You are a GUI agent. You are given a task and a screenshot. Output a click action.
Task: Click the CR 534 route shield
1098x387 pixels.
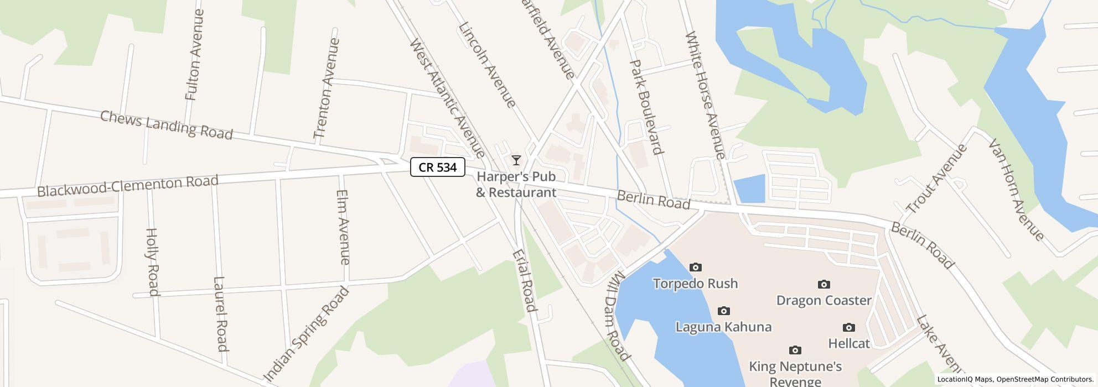coord(437,167)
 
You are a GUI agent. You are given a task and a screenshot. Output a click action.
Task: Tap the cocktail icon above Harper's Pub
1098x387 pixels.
coord(516,160)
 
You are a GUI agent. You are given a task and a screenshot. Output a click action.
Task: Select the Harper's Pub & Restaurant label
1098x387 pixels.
coord(516,185)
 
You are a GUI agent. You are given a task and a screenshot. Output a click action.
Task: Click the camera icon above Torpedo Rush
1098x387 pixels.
coord(695,268)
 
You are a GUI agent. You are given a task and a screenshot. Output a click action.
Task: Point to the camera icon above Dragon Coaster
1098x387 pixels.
coord(823,284)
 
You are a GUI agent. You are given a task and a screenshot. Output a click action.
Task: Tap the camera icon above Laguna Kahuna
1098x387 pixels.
coord(723,311)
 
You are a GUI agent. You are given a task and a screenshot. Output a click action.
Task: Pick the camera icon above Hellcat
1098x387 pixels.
coord(848,328)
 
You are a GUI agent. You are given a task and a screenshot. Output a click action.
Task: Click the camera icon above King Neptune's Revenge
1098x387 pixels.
coord(795,350)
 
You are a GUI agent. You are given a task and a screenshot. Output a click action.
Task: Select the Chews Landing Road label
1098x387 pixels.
coord(166,125)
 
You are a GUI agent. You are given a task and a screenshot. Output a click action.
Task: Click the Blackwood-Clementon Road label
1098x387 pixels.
coord(128,186)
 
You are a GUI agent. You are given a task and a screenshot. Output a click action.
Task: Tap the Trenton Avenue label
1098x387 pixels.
coord(326,88)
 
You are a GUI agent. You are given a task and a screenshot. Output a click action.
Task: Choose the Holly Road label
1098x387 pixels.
coord(152,262)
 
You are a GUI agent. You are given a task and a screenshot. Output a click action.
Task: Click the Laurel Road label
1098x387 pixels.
coord(220,313)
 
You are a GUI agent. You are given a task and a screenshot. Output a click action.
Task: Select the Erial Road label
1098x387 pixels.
coord(524,280)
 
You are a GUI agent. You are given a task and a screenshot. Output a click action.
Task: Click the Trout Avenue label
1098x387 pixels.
coord(936,179)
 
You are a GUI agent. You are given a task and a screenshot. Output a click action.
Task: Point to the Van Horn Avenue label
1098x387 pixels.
coord(1016,190)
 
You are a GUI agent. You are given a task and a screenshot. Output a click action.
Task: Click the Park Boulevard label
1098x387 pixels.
coord(646,107)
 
